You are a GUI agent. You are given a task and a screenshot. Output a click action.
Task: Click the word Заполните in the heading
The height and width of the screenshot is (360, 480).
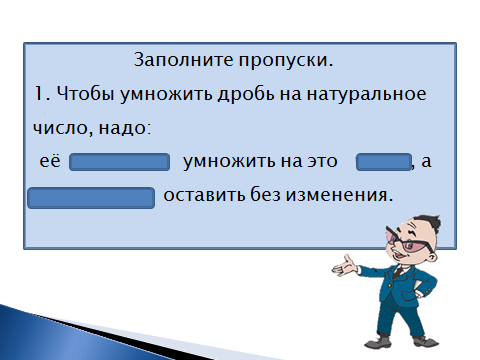(x=184, y=60)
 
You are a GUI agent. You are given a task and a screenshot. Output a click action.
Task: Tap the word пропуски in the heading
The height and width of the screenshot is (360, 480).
(x=286, y=61)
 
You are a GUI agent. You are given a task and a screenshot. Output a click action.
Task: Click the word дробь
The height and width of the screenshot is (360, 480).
(x=246, y=94)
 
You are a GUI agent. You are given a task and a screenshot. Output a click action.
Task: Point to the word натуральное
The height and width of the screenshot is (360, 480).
(x=366, y=95)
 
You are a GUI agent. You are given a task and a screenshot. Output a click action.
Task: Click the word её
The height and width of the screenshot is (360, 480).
(x=50, y=161)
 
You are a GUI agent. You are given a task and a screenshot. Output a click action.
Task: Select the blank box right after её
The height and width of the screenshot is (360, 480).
(x=119, y=162)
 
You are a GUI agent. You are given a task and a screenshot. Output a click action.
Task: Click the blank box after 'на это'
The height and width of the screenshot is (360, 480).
(x=384, y=162)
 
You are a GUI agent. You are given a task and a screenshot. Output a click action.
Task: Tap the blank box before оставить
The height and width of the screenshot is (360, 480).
(x=91, y=198)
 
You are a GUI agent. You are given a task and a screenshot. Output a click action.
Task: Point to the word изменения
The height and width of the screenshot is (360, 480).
(x=339, y=196)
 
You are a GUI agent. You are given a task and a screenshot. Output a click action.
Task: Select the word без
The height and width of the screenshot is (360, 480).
(x=265, y=194)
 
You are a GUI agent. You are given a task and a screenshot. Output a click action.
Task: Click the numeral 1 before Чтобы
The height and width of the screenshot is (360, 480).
(x=39, y=94)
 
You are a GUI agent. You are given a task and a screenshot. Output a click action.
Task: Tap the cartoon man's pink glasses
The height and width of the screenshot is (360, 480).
(x=409, y=241)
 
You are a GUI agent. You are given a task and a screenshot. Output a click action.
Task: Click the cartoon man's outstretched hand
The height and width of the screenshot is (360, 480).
(x=345, y=266)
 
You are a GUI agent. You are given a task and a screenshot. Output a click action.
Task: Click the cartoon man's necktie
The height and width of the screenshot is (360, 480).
(x=398, y=271)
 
